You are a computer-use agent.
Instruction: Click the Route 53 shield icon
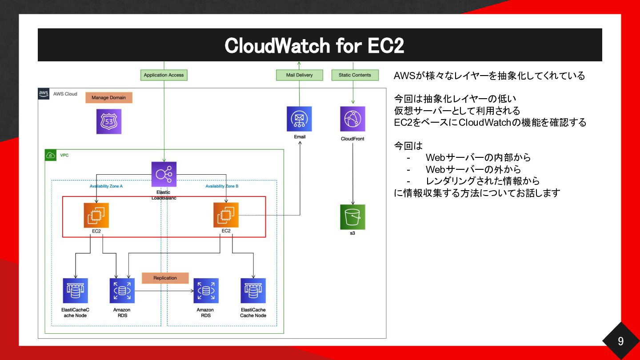[x=109, y=121]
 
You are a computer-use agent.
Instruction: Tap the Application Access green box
[x=164, y=75]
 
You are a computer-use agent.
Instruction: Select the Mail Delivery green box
[x=300, y=75]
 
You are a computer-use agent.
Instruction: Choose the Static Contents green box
[x=355, y=75]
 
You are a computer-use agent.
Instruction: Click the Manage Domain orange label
[x=109, y=97]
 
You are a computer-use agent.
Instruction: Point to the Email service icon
[x=299, y=119]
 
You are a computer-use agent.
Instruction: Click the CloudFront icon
[x=352, y=119]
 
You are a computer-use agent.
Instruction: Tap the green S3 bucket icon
[x=352, y=217]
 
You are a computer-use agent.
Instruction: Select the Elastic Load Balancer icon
[x=164, y=174]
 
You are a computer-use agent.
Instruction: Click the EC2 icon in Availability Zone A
[x=96, y=215]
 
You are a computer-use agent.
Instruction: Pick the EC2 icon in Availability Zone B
[x=226, y=215]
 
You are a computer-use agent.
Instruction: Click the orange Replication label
[x=165, y=278]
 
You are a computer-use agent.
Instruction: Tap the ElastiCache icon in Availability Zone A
[x=76, y=291]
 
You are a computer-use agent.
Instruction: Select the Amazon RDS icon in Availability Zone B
[x=206, y=291]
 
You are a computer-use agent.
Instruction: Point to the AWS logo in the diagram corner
[x=44, y=93]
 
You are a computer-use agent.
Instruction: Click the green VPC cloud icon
[x=51, y=155]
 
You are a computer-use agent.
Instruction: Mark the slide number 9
[x=620, y=341]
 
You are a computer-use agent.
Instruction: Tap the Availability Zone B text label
[x=222, y=186]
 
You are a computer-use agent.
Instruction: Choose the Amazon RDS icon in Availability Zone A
[x=122, y=291]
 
